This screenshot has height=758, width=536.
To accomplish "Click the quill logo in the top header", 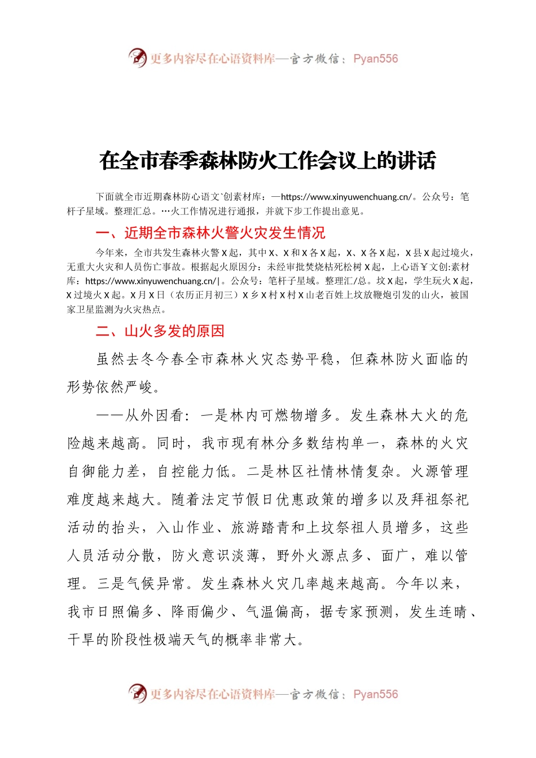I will (137, 58).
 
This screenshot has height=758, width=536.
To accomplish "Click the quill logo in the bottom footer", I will (137, 693).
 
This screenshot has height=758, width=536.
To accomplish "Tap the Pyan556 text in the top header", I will (375, 59).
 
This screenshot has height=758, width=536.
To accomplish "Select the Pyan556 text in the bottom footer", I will (375, 694).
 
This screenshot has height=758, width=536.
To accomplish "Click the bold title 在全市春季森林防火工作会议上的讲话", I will (267, 161).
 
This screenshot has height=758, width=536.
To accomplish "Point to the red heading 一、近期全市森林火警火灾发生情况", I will (210, 233).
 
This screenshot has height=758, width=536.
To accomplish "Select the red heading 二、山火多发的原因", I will (160, 331).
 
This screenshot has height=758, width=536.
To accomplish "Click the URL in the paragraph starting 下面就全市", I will (346, 197).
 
